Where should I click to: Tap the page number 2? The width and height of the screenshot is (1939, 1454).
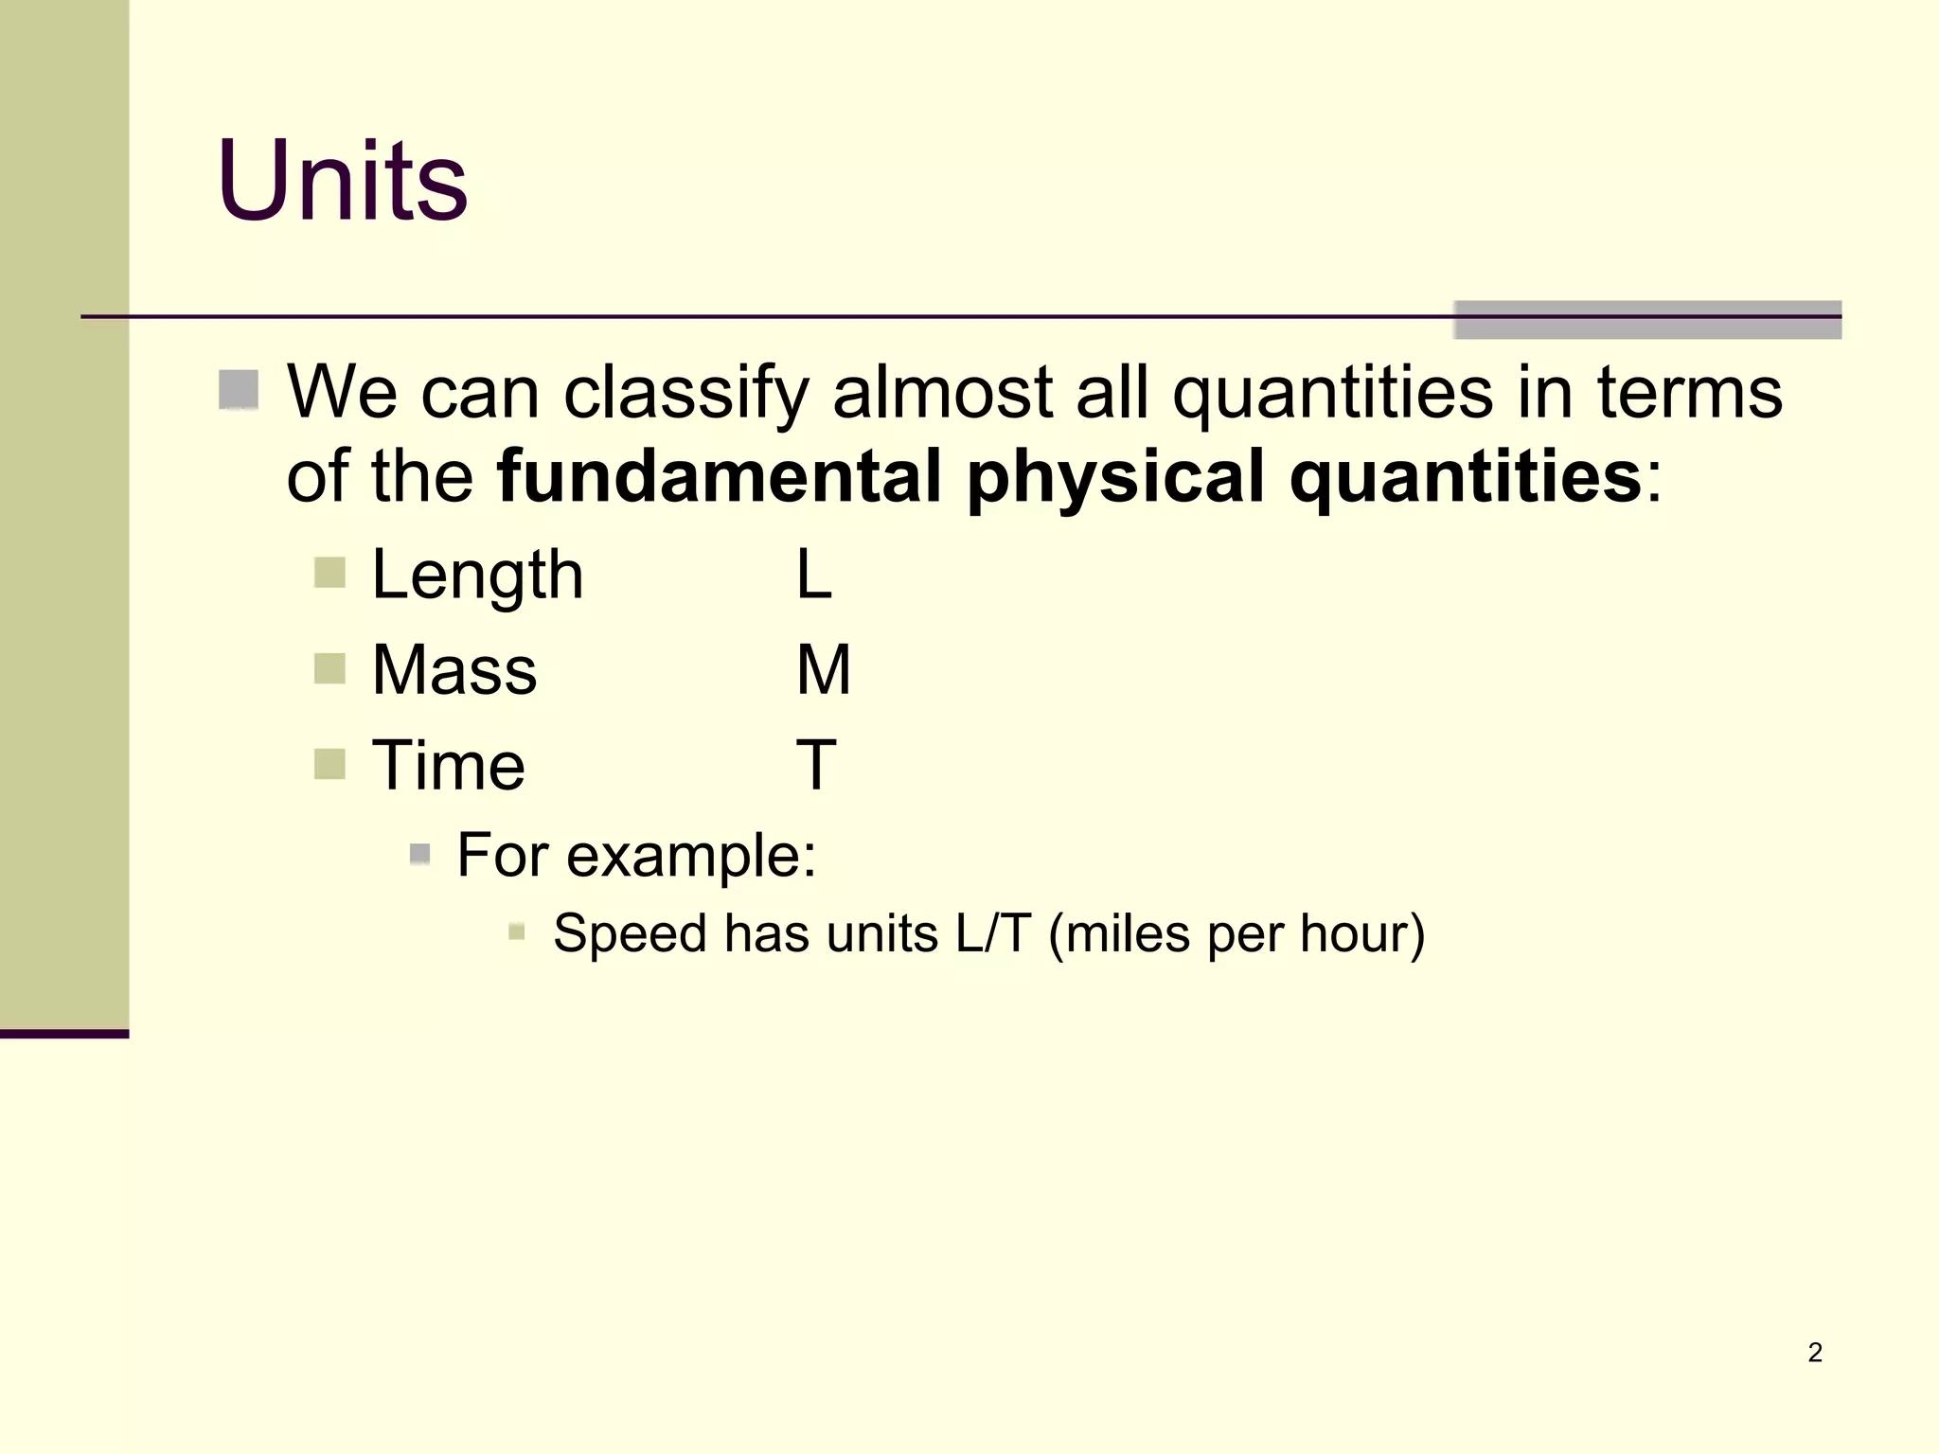(1814, 1352)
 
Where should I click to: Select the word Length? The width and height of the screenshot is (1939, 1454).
(477, 576)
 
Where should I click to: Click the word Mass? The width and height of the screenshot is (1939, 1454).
(454, 670)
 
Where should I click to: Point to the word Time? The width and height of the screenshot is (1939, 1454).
(448, 765)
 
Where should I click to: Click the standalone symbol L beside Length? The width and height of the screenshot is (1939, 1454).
(813, 575)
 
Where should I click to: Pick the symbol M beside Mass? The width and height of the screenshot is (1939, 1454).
(823, 670)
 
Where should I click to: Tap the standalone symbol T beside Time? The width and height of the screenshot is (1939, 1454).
(816, 765)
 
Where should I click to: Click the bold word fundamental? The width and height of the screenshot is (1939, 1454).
(720, 476)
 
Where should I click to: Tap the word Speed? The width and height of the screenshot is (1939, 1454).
(630, 934)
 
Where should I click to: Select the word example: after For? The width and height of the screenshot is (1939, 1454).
(691, 856)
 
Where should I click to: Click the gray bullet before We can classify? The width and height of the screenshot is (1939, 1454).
(239, 389)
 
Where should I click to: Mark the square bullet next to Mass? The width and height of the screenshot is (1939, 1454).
(329, 668)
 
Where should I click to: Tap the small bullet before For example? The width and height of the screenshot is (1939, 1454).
(420, 855)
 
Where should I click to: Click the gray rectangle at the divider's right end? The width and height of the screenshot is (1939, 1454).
(1646, 320)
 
